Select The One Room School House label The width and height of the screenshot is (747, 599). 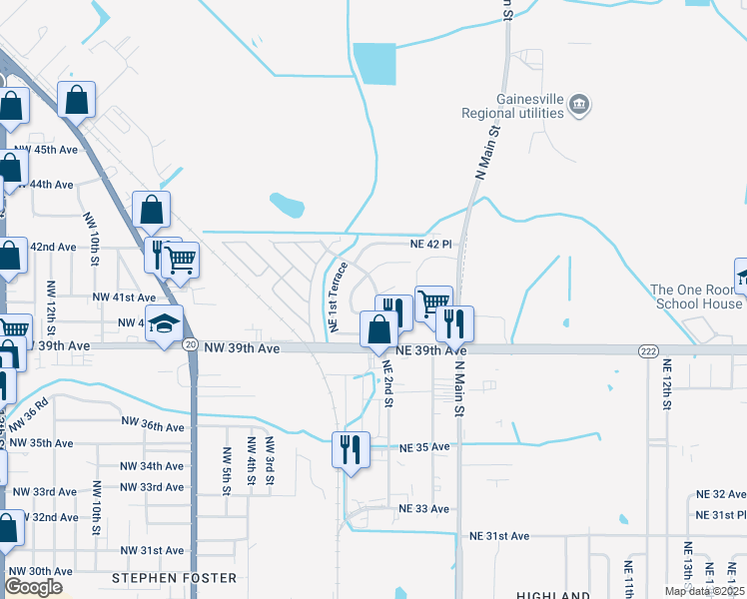pyautogui.click(x=697, y=297)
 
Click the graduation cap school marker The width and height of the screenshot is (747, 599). pyautogui.click(x=164, y=323)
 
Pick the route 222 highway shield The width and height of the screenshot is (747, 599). pyautogui.click(x=647, y=350)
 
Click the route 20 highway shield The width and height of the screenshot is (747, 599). pyautogui.click(x=190, y=344)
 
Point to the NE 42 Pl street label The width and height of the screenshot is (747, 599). pyautogui.click(x=431, y=244)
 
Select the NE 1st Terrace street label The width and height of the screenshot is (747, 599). pyautogui.click(x=338, y=297)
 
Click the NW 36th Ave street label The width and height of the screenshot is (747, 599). pyautogui.click(x=153, y=425)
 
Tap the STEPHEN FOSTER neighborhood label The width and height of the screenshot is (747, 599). pyautogui.click(x=174, y=578)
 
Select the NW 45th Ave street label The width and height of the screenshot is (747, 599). pyautogui.click(x=46, y=150)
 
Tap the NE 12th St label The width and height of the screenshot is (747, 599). pyautogui.click(x=666, y=384)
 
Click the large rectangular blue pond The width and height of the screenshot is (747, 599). pyautogui.click(x=374, y=64)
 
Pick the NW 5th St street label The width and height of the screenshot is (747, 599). pyautogui.click(x=227, y=466)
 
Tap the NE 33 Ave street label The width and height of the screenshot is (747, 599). pyautogui.click(x=425, y=509)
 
